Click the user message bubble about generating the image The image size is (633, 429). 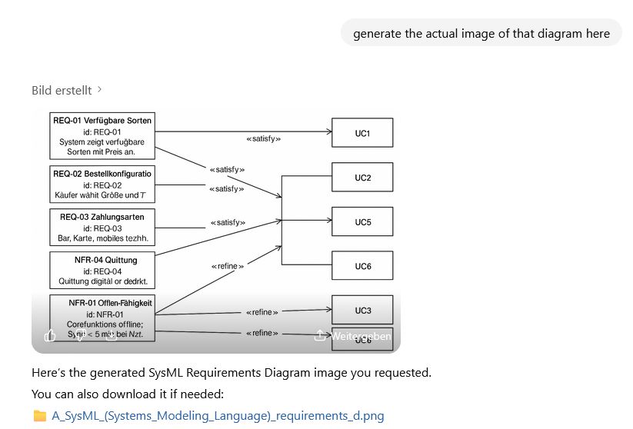click(x=481, y=33)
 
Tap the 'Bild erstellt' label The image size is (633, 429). click(x=62, y=90)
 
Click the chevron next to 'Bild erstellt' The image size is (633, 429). click(x=100, y=90)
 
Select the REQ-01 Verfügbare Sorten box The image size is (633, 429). click(x=102, y=136)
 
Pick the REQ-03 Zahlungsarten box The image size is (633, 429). click(x=102, y=228)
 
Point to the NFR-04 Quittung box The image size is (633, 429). click(x=102, y=271)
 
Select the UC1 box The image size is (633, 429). click(x=362, y=133)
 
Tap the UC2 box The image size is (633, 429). click(x=362, y=178)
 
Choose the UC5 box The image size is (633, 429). click(x=362, y=222)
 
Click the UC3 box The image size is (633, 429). click(x=362, y=310)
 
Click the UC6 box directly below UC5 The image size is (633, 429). click(x=362, y=266)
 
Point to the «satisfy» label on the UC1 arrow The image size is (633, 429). click(x=263, y=139)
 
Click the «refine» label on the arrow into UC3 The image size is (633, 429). click(x=262, y=312)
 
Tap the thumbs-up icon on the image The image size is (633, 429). click(x=51, y=336)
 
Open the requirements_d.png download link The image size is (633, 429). click(x=218, y=416)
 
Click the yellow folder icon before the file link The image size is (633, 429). click(x=40, y=416)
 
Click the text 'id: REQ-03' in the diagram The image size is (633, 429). click(x=103, y=228)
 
